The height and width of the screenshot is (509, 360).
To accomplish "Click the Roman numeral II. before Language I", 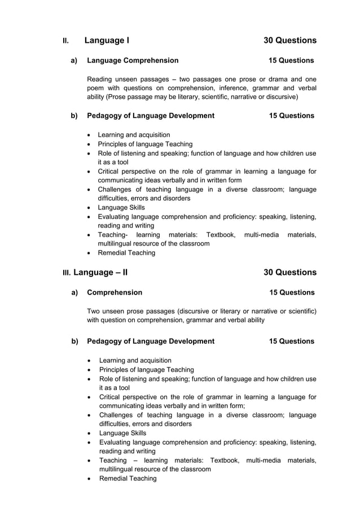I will [65, 41].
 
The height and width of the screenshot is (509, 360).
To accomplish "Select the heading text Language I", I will [107, 41].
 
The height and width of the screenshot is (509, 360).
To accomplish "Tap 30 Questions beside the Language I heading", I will [289, 41].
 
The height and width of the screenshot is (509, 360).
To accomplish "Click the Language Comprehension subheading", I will [133, 60].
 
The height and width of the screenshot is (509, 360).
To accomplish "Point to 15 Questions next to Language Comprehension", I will [291, 60].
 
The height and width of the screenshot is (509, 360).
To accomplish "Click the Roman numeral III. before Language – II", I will [67, 273].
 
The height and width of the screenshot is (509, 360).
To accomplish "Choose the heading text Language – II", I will [100, 273].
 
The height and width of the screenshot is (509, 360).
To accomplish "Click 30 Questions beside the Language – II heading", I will [289, 273].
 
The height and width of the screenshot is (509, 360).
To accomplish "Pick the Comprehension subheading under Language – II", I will [115, 292].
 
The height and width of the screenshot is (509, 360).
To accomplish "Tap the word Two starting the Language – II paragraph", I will [95, 311].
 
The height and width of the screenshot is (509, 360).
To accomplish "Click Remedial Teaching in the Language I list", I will [126, 253].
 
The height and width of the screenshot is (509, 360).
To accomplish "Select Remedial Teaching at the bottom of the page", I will [128, 479].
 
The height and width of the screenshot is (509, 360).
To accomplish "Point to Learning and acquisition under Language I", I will [134, 135].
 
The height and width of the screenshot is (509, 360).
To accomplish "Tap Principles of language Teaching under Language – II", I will [146, 370].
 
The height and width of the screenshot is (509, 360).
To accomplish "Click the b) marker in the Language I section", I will [74, 116].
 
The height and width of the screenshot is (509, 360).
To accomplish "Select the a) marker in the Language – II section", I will [74, 292].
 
